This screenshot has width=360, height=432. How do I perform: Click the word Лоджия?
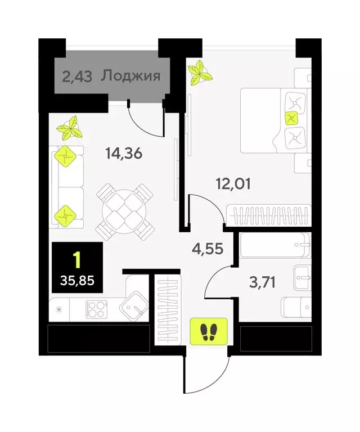pos(131,76)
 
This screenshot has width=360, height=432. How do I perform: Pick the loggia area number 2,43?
pos(78,76)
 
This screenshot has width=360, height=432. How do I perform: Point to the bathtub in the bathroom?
pos(274,245)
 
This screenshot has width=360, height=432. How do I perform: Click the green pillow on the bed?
pos(291,118)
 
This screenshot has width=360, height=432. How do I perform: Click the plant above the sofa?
pos(71,128)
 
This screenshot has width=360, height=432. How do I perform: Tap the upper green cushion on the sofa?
pos(65,157)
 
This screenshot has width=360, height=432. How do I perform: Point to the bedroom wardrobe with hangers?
pos(267,217)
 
